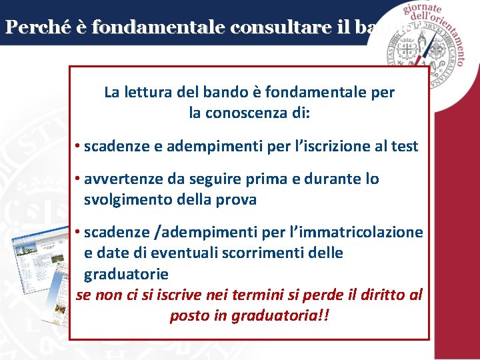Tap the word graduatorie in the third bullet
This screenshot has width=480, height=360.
[x=126, y=274]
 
